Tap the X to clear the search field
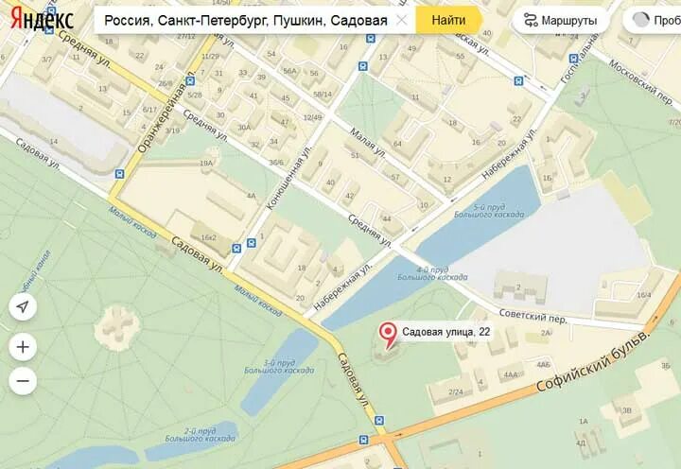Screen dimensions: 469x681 point(401,20)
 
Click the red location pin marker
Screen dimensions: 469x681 point(387,334)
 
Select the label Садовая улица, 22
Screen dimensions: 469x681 point(445,332)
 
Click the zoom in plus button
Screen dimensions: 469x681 point(24,347)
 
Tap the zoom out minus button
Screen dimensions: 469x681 point(24,381)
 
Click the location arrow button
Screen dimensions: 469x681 point(24,306)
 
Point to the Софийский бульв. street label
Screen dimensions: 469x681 point(594,364)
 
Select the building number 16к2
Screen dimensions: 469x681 point(208,237)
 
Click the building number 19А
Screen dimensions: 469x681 point(206,164)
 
